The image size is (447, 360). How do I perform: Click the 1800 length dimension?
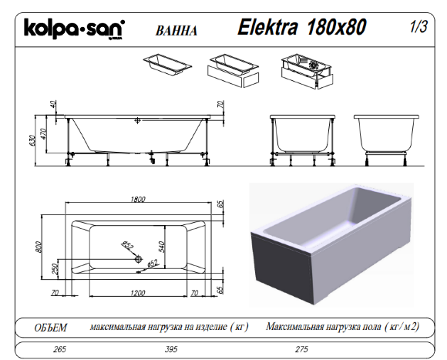[x=139, y=200]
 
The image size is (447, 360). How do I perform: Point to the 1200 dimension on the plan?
[x=139, y=293]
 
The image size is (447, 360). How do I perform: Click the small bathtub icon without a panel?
[x=166, y=64]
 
